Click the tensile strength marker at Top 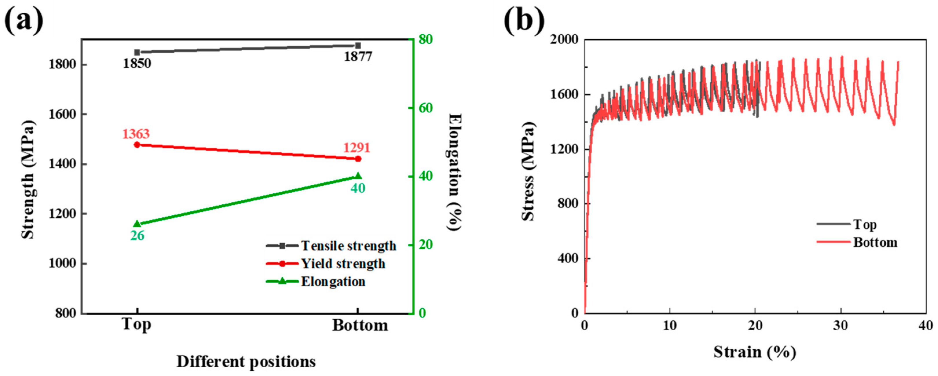tap(137, 52)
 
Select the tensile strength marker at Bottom tap(358, 45)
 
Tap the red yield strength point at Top tap(137, 145)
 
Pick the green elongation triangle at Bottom tap(358, 176)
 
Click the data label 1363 tap(135, 134)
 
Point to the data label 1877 tap(358, 57)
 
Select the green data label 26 tap(137, 236)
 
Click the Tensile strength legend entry tap(348, 246)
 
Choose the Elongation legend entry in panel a tap(333, 282)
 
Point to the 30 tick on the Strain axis tap(841, 325)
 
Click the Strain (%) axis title tap(755, 352)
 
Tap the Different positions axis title tap(246, 362)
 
